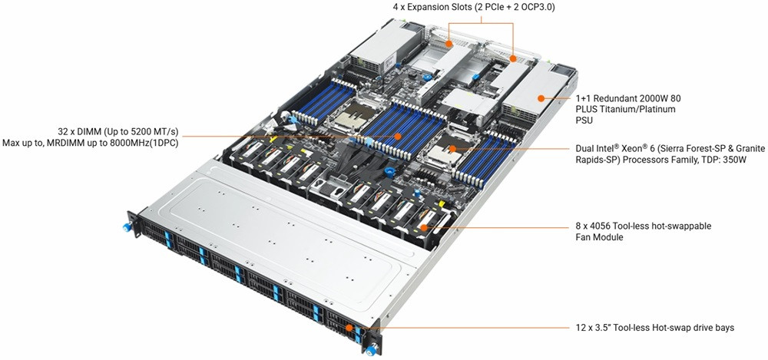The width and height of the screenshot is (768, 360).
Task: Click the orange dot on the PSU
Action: pos(541,98)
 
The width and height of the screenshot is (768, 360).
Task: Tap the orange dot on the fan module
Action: pos(423,228)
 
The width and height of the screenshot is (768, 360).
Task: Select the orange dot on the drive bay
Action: pos(349,328)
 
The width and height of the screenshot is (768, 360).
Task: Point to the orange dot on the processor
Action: pos(453,147)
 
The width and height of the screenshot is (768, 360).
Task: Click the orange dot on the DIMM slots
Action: pos(397,136)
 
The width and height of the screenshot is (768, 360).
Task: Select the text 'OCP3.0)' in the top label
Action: pos(539,8)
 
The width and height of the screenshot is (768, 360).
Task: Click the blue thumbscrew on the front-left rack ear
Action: pos(127,227)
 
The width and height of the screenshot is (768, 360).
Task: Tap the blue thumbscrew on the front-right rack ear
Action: pos(372,350)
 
